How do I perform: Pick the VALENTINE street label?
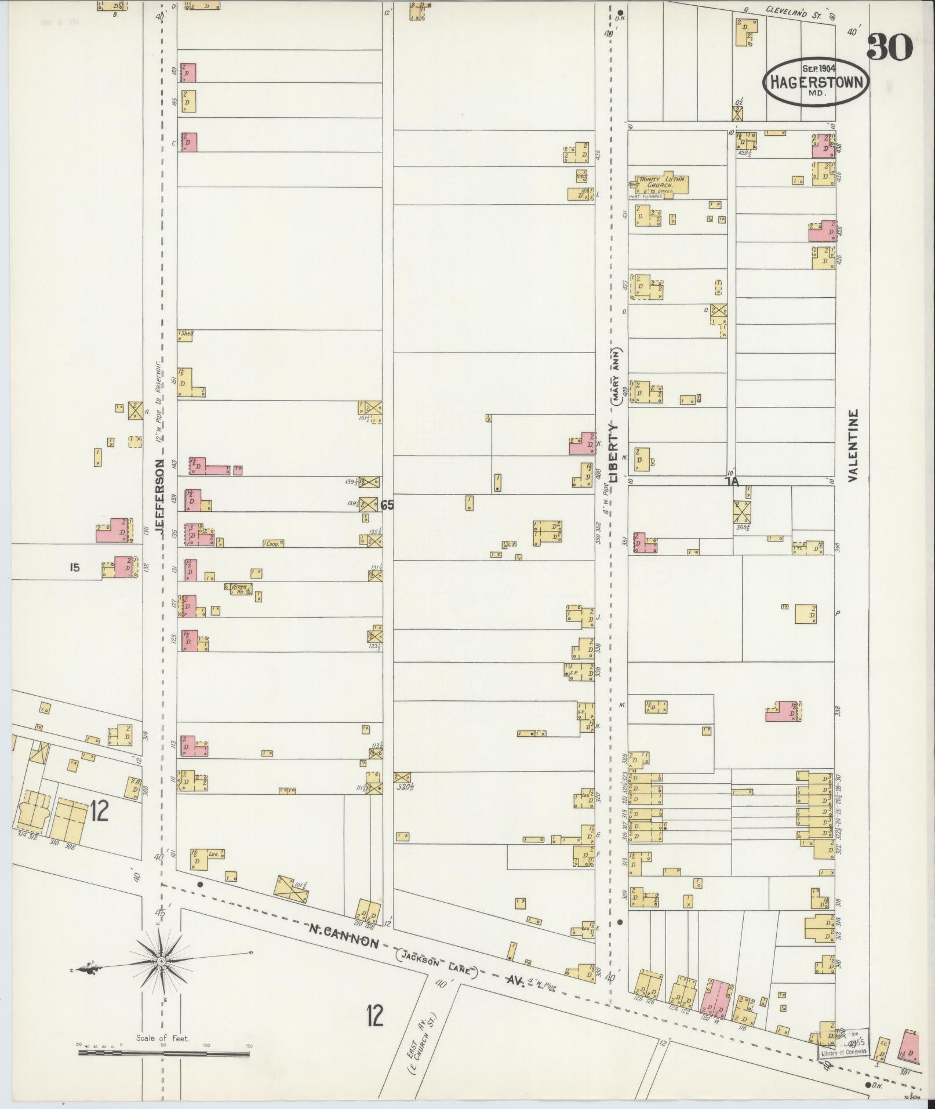click(x=852, y=446)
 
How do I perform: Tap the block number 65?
click(x=387, y=506)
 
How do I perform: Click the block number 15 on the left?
click(x=74, y=568)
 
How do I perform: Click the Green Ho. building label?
click(x=239, y=589)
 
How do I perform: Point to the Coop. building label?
click(x=273, y=544)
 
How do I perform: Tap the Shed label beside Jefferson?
click(x=186, y=334)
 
